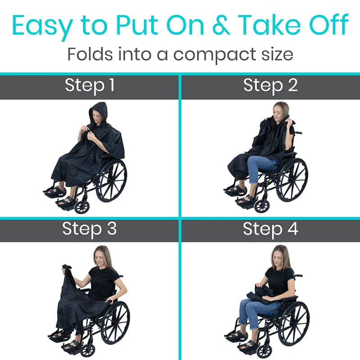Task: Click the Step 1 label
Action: tap(90, 86)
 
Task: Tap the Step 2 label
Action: tap(270, 86)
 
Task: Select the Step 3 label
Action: tap(89, 229)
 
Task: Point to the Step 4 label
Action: tap(270, 229)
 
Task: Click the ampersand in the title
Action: tap(221, 25)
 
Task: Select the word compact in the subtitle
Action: tap(215, 55)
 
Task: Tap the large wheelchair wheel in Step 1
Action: tap(111, 181)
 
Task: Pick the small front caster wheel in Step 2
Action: tap(262, 206)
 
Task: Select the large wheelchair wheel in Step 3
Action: tap(116, 323)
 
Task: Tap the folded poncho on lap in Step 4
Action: tap(260, 293)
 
